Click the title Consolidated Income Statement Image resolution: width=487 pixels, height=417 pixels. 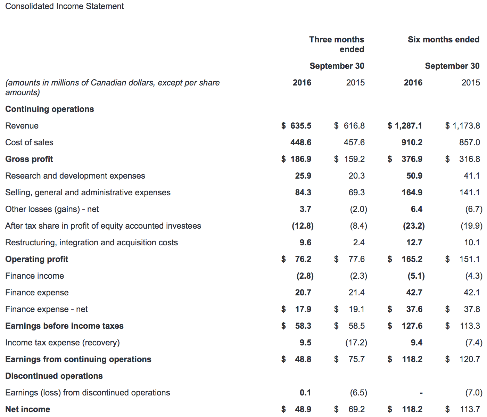64,6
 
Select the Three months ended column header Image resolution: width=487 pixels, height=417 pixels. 337,44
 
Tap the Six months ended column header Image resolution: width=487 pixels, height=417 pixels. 444,39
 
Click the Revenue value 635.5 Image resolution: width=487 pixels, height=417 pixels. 300,126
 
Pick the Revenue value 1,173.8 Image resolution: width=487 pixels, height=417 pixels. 466,126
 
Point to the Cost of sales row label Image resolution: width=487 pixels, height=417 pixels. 29,142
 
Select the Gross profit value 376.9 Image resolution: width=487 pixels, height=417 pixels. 412,159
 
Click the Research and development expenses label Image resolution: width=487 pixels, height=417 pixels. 75,176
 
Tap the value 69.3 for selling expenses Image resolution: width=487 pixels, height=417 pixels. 356,193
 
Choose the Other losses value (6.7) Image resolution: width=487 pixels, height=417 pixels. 474,209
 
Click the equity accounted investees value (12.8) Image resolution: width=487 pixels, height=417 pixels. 303,226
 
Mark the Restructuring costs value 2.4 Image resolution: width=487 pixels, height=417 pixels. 358,243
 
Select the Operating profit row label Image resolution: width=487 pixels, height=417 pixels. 37,259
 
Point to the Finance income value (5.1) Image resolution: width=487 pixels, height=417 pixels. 416,276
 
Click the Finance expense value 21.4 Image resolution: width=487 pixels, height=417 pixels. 356,293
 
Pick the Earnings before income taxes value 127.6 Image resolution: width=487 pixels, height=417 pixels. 412,326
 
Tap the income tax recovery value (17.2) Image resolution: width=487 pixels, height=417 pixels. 356,343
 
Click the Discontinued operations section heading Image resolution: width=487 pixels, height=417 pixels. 54,376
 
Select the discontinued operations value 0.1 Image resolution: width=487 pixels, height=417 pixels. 305,393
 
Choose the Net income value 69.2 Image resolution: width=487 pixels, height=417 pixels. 356,409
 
